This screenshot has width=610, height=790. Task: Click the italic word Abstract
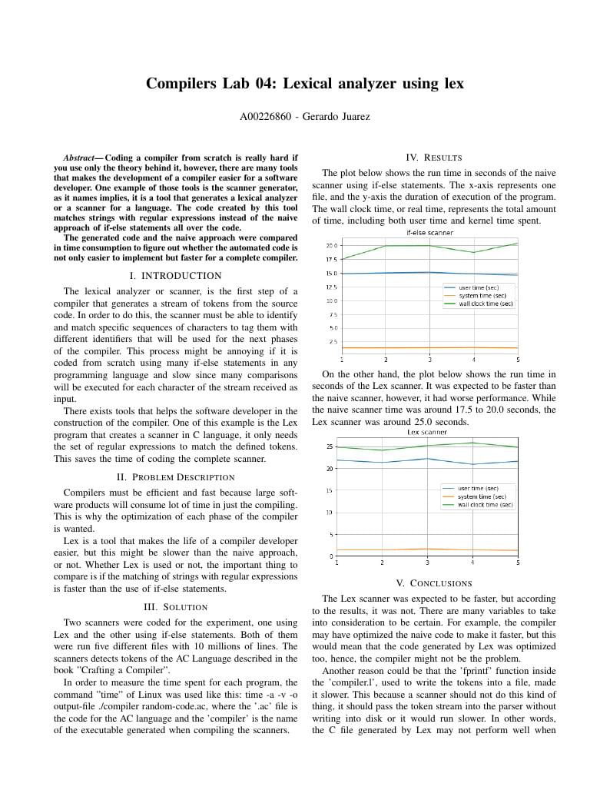tap(81, 158)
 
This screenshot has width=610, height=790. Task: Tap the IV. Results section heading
tap(433, 157)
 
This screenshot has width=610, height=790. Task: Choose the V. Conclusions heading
tap(433, 583)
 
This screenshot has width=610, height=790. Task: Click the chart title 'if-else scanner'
tap(429, 232)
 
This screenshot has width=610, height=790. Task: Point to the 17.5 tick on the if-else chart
tap(331, 260)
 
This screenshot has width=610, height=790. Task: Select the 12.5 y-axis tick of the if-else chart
tap(331, 287)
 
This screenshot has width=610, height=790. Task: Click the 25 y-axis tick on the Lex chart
tap(330, 446)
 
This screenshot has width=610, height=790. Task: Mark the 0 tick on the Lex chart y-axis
tap(331, 556)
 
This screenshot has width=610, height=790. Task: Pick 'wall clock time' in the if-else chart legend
tap(486, 304)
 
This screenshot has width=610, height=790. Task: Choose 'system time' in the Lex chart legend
tap(482, 496)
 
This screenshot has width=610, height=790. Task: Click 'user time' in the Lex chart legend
tap(479, 488)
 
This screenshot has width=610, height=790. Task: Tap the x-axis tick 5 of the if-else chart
tap(518, 360)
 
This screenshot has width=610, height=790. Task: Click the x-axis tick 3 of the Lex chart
tap(427, 563)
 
